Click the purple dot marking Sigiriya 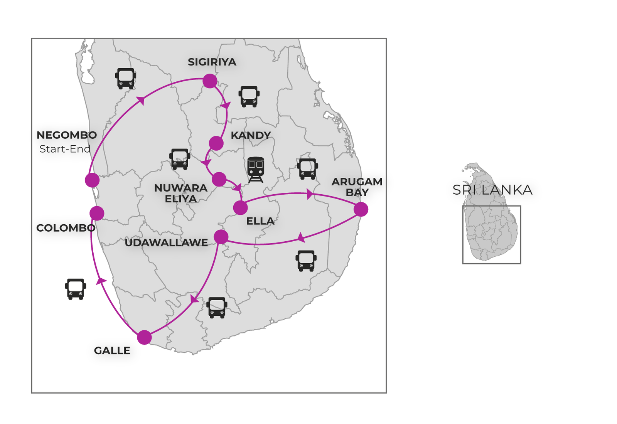(x=210, y=81)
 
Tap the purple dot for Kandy (x=216, y=143)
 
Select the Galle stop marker (x=144, y=337)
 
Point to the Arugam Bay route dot (x=361, y=209)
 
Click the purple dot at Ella (x=241, y=208)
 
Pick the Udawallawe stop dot (x=221, y=237)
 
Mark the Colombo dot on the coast (x=97, y=213)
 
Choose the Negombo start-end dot (x=92, y=180)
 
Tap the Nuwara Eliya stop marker (x=219, y=179)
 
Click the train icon (x=256, y=170)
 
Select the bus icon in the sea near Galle (x=76, y=289)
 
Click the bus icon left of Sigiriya (x=126, y=79)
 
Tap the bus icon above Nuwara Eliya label (x=180, y=159)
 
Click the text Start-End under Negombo (x=65, y=149)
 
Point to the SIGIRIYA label (x=212, y=62)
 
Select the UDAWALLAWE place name (x=166, y=242)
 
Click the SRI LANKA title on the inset (x=492, y=190)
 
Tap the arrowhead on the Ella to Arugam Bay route (x=310, y=194)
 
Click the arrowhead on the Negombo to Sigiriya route (x=141, y=100)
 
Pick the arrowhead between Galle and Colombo (x=101, y=281)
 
